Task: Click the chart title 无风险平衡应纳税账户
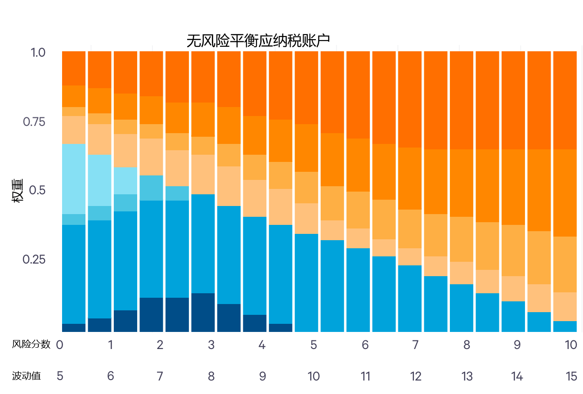258,41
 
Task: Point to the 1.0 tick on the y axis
38,52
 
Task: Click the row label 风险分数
31,345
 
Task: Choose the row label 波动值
27,376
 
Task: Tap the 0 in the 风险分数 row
59,345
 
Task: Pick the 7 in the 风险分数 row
415,345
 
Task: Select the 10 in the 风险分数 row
571,345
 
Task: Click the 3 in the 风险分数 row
211,345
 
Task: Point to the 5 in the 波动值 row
60,376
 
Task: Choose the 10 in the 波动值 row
314,376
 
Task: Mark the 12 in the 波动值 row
416,376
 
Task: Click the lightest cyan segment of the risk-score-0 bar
74,179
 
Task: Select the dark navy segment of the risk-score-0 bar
74,328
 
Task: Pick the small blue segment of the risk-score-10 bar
565,327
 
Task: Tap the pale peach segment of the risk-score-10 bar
565,306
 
